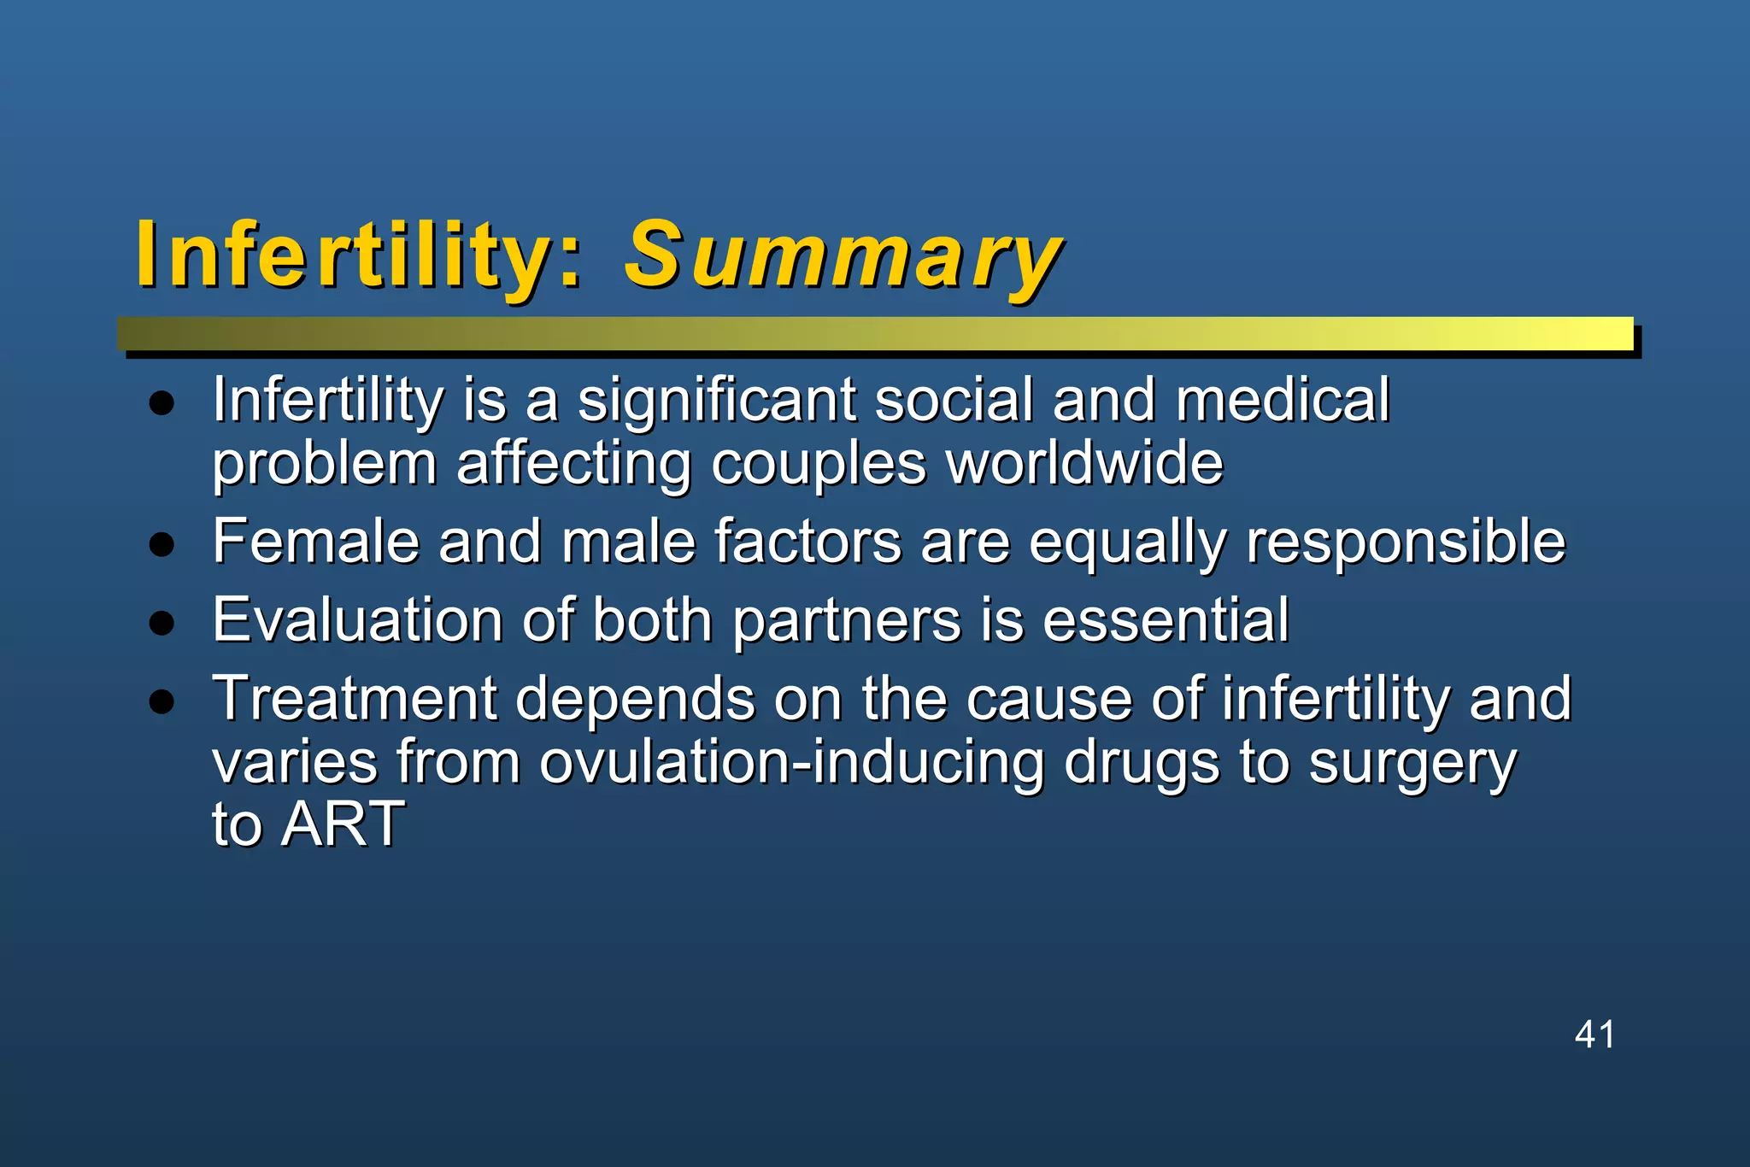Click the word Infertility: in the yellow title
(x=359, y=255)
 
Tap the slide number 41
(x=1594, y=1034)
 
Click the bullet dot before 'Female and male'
(x=161, y=543)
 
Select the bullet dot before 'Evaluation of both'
(x=161, y=622)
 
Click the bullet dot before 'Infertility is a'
(x=161, y=402)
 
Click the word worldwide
(x=1084, y=463)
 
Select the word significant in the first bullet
(x=716, y=400)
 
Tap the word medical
(x=1282, y=400)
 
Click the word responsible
(x=1406, y=543)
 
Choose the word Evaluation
(x=357, y=620)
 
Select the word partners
(x=846, y=622)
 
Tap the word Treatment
(x=354, y=699)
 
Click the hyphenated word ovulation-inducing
(x=791, y=762)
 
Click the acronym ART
(x=343, y=824)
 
